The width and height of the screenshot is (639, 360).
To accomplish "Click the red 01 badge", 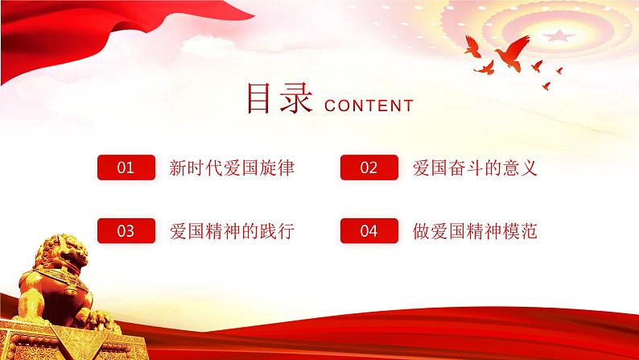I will tap(126, 168).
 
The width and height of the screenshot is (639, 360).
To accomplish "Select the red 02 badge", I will tap(369, 168).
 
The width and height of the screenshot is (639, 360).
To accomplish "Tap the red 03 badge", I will tap(126, 232).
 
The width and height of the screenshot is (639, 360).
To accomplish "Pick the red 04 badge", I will tap(369, 232).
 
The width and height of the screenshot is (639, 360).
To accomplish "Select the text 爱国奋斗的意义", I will tap(474, 168).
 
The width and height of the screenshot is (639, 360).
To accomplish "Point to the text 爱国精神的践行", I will tap(232, 232).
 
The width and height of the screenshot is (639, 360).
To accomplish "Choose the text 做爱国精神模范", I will tap(474, 232).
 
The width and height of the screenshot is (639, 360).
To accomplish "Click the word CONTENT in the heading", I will tap(368, 106).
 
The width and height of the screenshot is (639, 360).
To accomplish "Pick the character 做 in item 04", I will tap(421, 232).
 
